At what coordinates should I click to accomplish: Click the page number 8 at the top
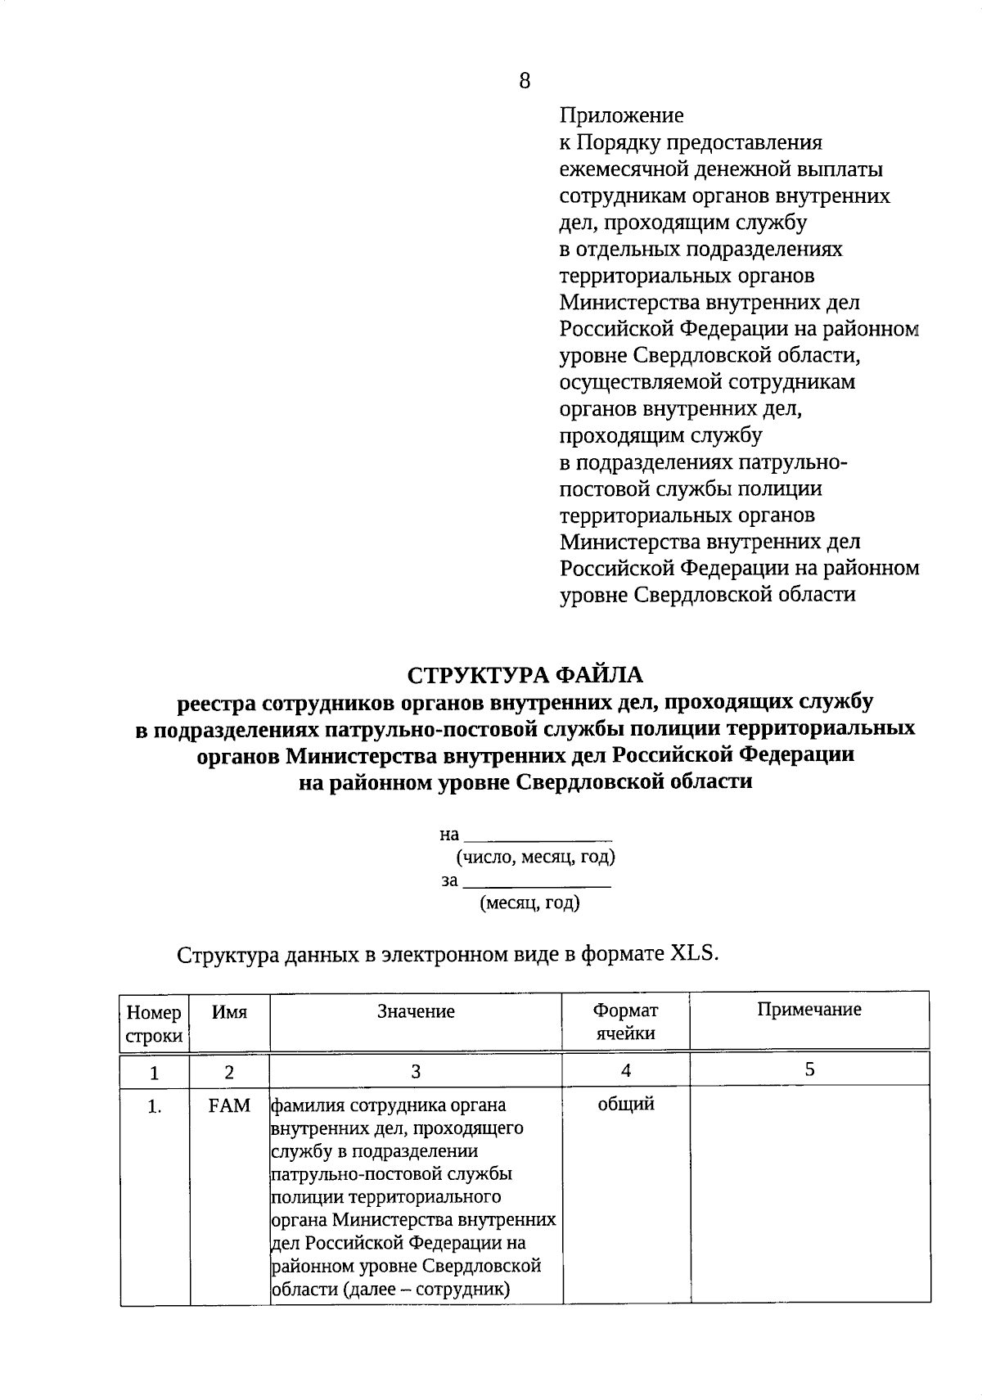click(x=525, y=80)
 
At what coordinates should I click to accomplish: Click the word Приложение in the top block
click(x=621, y=116)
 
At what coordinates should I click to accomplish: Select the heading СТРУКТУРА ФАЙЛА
click(x=525, y=675)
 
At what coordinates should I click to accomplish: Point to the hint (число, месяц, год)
click(x=536, y=858)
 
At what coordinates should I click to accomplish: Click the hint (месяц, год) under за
click(x=530, y=903)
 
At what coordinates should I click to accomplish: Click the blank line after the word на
click(x=538, y=836)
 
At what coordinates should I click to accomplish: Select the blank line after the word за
click(x=537, y=883)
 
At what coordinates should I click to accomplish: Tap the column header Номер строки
click(x=155, y=1024)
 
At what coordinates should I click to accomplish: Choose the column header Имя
click(x=229, y=1012)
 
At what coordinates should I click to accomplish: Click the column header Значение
click(x=416, y=1012)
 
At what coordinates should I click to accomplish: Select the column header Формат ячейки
click(x=625, y=1022)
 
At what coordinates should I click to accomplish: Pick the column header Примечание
click(x=809, y=1010)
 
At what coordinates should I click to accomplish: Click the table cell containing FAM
click(x=229, y=1106)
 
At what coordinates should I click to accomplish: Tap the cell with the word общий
click(x=626, y=1105)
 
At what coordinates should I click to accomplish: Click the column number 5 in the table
click(x=809, y=1069)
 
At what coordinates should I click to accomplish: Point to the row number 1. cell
click(x=155, y=1107)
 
